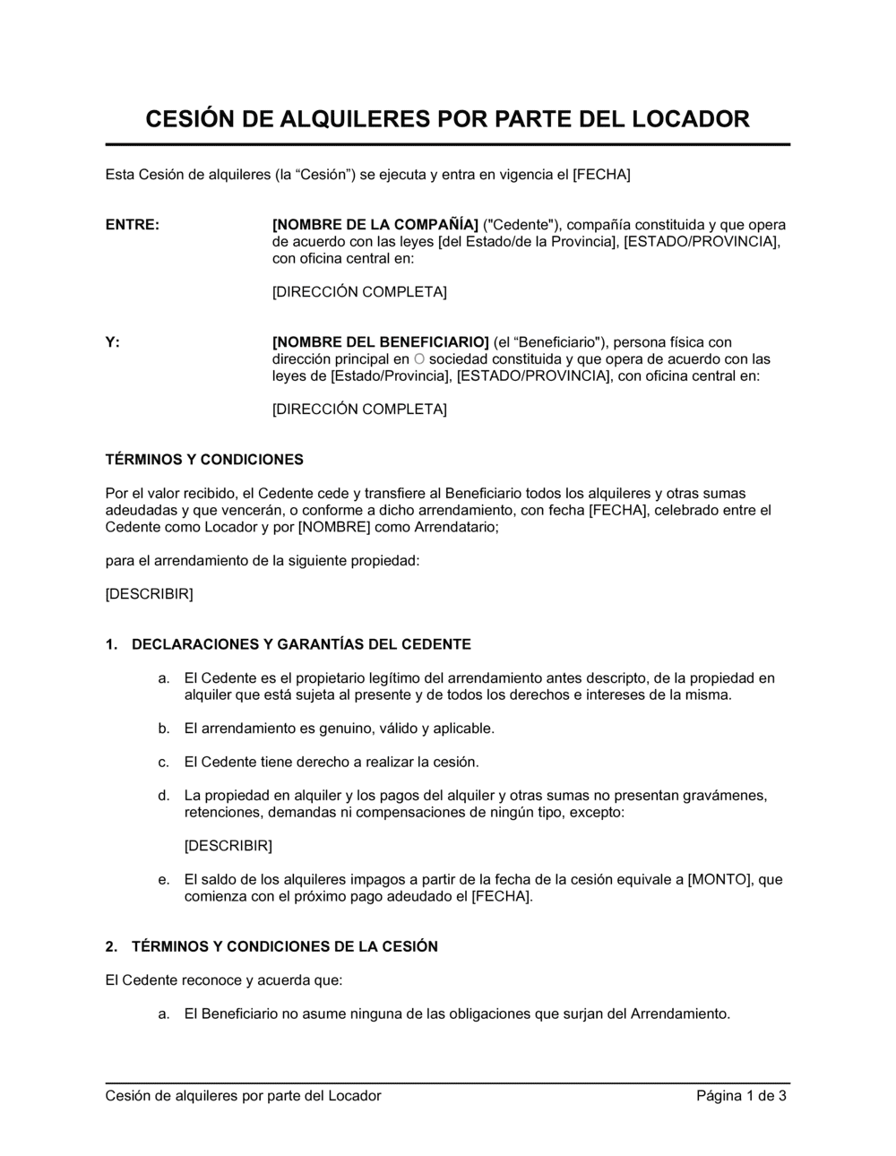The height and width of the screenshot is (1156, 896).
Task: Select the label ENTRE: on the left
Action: pyautogui.click(x=133, y=225)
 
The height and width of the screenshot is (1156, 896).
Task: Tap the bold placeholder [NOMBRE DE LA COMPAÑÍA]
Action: pyautogui.click(x=375, y=225)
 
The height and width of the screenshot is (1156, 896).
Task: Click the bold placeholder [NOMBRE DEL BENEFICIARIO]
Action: pyautogui.click(x=380, y=342)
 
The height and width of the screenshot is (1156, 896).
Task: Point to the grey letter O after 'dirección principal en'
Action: pyautogui.click(x=420, y=359)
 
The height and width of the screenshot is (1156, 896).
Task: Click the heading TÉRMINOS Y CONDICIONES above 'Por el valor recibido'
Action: pyautogui.click(x=204, y=460)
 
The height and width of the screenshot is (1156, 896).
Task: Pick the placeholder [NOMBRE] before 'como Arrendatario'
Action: pyautogui.click(x=334, y=527)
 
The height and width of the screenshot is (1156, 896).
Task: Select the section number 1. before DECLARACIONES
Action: pyautogui.click(x=112, y=644)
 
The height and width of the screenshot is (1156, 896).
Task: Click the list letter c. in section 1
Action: pyautogui.click(x=164, y=763)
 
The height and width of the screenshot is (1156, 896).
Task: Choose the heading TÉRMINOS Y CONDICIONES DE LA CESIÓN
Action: pyautogui.click(x=285, y=946)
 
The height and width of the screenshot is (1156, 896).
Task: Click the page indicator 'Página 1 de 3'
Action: pyautogui.click(x=742, y=1096)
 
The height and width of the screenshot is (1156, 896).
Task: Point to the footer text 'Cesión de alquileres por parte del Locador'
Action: pyautogui.click(x=243, y=1096)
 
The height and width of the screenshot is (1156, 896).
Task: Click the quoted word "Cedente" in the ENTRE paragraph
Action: pyautogui.click(x=521, y=225)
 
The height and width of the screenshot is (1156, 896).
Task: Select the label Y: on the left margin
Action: pyautogui.click(x=112, y=342)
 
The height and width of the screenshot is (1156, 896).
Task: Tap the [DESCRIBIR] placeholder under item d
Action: pyautogui.click(x=228, y=846)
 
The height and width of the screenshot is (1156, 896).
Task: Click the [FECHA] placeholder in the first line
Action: pyautogui.click(x=601, y=175)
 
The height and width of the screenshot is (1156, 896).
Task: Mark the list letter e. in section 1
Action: pyautogui.click(x=164, y=880)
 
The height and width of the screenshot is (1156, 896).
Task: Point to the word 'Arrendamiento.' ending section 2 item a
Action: pyautogui.click(x=681, y=1014)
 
